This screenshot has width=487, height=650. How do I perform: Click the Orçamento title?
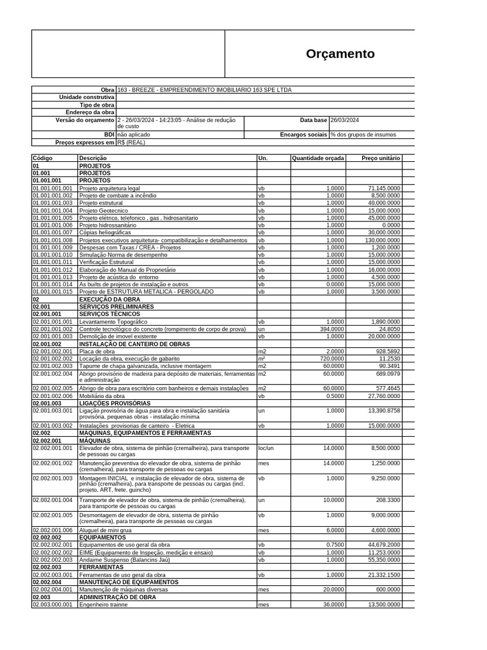(340, 54)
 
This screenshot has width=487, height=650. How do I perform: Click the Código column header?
(42, 157)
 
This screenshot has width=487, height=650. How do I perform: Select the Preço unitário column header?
(380, 157)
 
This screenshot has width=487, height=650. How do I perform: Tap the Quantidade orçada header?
(317, 157)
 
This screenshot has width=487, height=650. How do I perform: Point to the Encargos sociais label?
(303, 135)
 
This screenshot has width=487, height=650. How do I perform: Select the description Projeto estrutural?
(101, 203)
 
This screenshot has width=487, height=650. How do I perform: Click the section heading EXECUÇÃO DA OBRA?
(109, 299)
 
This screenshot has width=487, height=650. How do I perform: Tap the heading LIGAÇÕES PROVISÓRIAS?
(115, 403)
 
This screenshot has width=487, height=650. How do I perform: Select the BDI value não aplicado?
(135, 135)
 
